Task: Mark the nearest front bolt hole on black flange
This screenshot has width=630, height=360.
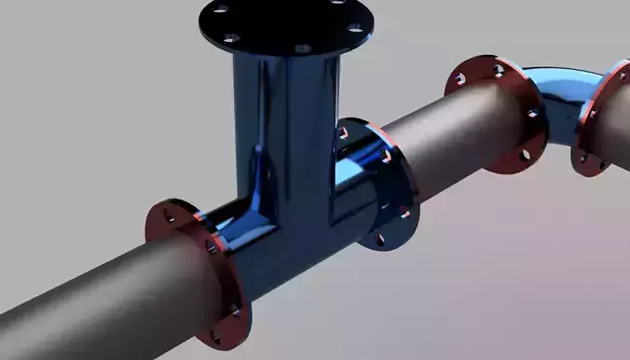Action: (x=302, y=48)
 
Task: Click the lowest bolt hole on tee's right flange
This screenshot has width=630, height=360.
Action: (x=380, y=240)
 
